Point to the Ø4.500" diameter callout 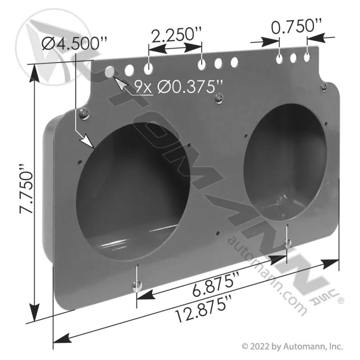[74, 44]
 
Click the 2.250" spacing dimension [176, 35]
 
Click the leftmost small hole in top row [110, 72]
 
